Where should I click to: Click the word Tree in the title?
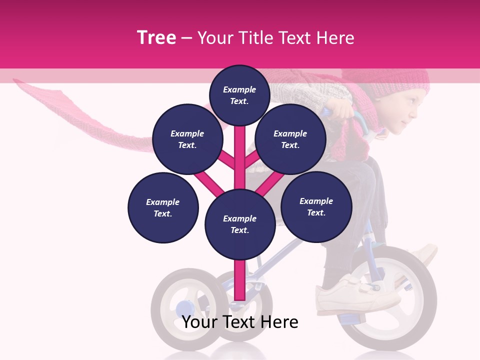(156, 38)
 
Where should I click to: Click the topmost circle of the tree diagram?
(239, 95)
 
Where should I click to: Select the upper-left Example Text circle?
(187, 139)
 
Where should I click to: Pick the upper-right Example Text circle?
(290, 139)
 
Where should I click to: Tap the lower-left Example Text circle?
(163, 207)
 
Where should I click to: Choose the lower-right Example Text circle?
(316, 206)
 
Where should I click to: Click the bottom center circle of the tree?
(239, 224)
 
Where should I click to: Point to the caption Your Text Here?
(240, 322)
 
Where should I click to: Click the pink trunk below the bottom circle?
(239, 280)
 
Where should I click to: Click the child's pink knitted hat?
(400, 80)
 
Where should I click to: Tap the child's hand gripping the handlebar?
(340, 108)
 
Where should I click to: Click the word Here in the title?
(335, 38)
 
